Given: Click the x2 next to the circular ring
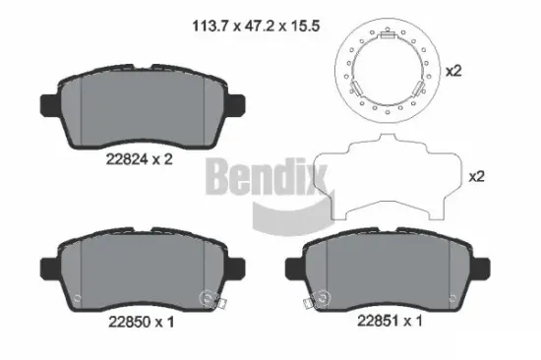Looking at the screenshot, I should [453, 72].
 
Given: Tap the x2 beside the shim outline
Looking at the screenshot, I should [477, 177].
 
